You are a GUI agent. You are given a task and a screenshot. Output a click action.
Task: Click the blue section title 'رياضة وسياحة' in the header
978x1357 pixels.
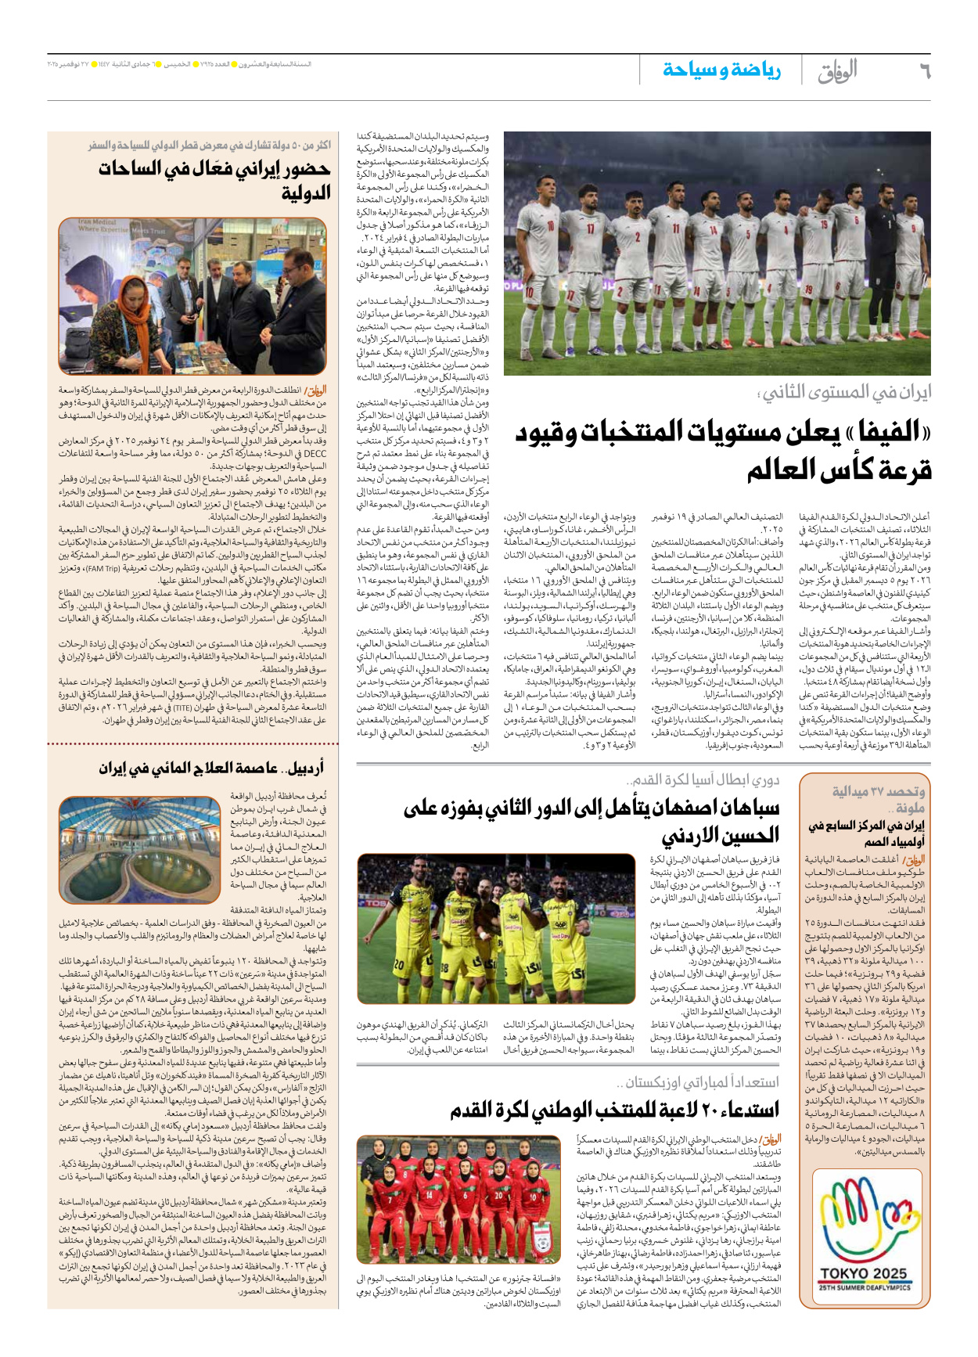tap(721, 70)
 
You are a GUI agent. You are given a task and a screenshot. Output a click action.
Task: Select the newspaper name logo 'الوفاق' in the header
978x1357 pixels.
tap(837, 71)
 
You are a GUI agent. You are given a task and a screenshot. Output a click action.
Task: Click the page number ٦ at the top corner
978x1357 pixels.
tap(924, 71)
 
